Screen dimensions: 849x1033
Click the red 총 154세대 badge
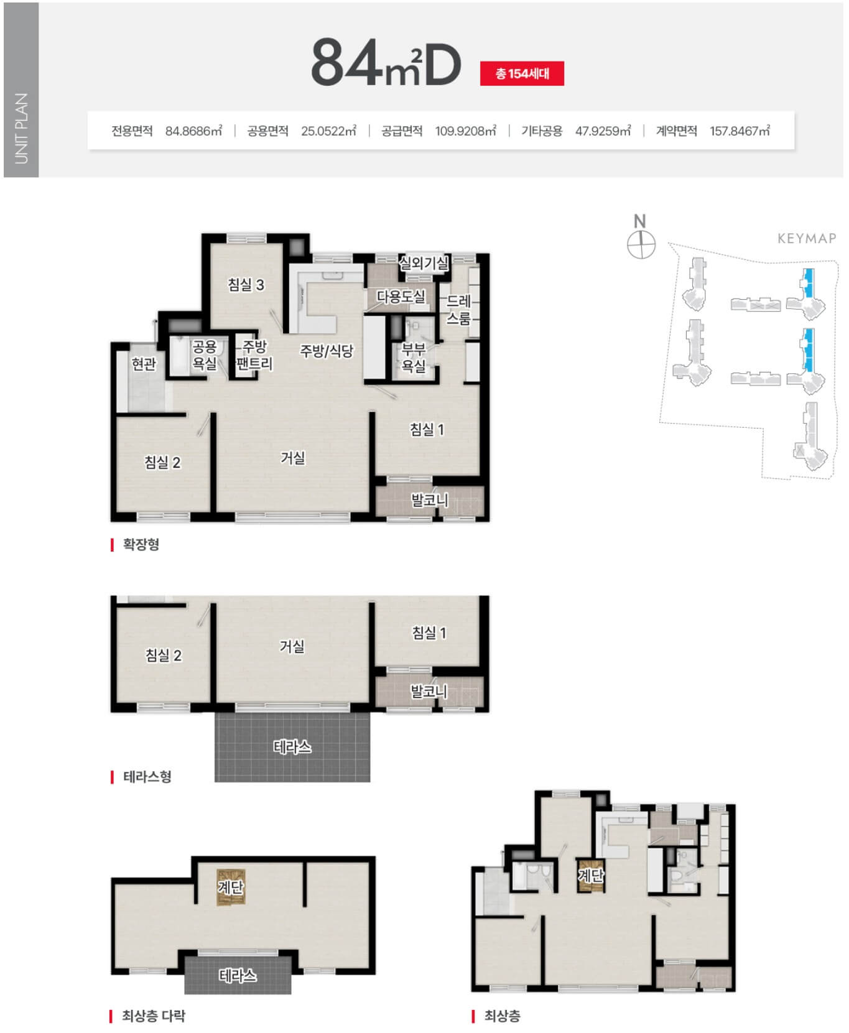pos(522,73)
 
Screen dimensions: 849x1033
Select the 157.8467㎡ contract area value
pos(740,131)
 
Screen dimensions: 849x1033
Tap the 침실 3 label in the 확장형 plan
pos(246,285)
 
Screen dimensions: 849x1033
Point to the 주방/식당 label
pos(327,351)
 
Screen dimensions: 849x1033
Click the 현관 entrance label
pos(144,363)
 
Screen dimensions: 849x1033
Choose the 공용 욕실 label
pos(204,355)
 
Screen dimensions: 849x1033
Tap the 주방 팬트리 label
pos(255,355)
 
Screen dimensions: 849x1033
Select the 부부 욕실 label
pos(414,357)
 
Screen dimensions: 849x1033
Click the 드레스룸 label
pos(459,310)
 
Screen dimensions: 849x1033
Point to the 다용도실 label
pos(401,297)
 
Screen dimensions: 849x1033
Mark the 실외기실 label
pos(424,263)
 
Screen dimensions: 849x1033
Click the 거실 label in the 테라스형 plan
pos(292,647)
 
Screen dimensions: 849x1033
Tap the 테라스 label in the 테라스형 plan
pos(292,747)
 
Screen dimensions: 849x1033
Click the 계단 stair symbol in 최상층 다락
pos(230,887)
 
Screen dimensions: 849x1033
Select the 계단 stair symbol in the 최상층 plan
pos(590,876)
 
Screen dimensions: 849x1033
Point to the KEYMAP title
pos(807,238)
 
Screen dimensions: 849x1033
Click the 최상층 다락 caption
pos(154,1016)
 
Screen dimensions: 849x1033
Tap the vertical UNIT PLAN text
pos(21,128)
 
